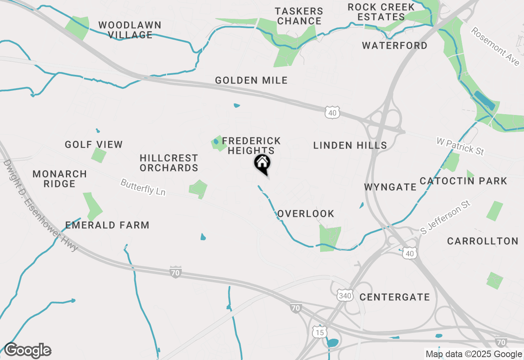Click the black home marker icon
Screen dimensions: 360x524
[x=262, y=164]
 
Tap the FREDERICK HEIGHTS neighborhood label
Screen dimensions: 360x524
[x=251, y=146]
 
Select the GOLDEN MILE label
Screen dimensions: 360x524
[x=251, y=81]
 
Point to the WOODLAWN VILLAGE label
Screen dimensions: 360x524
[x=130, y=30]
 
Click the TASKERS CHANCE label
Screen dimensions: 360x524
[x=299, y=16]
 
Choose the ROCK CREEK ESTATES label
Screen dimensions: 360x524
[x=381, y=12]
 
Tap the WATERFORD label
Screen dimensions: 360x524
[x=395, y=45]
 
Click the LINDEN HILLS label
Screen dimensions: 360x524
[x=350, y=145]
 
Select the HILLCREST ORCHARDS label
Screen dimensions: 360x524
[x=169, y=163]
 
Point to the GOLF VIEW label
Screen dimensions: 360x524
[x=94, y=144]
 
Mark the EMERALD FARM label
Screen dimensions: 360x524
[x=107, y=225]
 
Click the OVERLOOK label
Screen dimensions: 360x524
[x=306, y=214]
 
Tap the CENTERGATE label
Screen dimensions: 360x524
[x=395, y=297]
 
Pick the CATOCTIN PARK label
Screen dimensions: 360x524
[x=463, y=181]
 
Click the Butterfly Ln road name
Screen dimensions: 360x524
[x=143, y=187]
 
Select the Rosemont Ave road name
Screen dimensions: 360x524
[x=495, y=46]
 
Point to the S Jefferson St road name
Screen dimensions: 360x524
[x=446, y=217]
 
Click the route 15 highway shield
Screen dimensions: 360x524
[x=319, y=332]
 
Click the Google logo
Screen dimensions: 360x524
[x=28, y=351]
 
